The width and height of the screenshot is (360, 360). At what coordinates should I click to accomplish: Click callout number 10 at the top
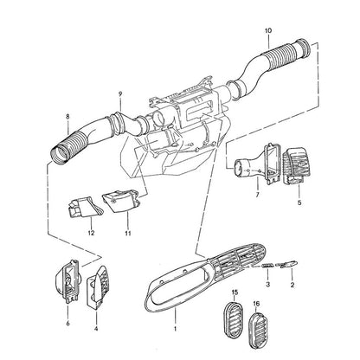pos(268,30)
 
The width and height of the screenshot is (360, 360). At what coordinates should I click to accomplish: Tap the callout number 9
pos(120,93)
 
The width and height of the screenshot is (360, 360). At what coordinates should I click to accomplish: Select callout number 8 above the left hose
pos(67,117)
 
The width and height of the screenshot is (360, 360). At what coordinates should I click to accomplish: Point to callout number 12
pos(91,233)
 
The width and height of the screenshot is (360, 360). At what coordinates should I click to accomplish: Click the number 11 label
pos(128,233)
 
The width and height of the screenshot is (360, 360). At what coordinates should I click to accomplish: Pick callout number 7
pos(257,195)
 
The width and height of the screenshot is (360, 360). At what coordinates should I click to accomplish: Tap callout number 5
pos(299,202)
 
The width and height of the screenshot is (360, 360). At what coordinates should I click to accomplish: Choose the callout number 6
pos(67,324)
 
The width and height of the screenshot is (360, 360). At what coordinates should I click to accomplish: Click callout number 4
pos(96,329)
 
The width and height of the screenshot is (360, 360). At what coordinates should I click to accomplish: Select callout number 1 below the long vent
pos(175,329)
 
